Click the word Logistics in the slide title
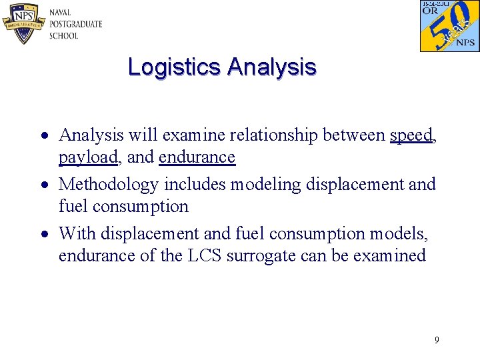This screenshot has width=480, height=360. [175, 67]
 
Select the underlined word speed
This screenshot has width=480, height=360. [411, 135]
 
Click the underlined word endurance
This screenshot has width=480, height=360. [197, 157]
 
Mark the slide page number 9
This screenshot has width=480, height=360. [437, 341]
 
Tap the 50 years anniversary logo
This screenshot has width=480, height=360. [449, 26]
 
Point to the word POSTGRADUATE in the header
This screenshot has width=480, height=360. [75, 24]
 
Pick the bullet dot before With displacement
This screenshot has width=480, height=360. [42, 235]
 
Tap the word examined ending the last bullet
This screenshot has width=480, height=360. [393, 256]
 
